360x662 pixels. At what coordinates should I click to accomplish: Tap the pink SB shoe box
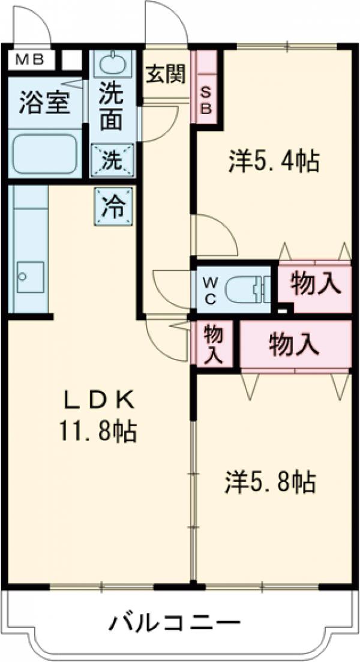click(x=206, y=100)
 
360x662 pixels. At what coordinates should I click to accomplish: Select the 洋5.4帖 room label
click(x=273, y=161)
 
